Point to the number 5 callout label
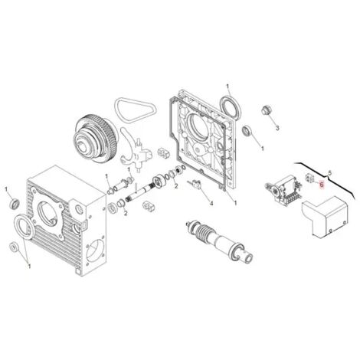click(329, 173)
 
